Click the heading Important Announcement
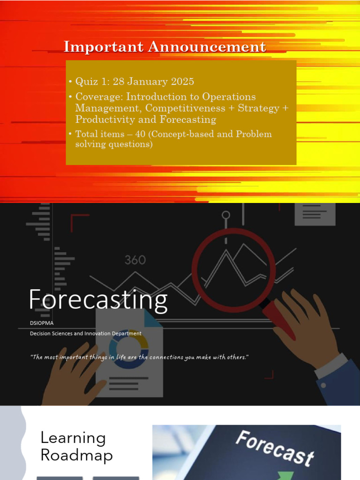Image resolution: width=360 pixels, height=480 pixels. [165, 47]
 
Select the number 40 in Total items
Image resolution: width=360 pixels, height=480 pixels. [140, 134]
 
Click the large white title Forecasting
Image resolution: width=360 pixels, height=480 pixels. [97, 300]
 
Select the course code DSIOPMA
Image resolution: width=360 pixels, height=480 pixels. [40, 323]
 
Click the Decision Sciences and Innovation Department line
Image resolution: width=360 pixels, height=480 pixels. [85, 334]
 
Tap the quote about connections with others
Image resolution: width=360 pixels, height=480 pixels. [139, 357]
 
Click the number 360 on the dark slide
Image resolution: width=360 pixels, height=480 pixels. [135, 260]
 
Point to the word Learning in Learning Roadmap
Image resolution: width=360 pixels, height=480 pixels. [73, 438]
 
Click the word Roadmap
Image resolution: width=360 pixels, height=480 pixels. [76, 455]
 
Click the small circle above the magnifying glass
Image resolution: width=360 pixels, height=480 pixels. [226, 216]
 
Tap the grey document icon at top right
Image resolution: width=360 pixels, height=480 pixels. [315, 214]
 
